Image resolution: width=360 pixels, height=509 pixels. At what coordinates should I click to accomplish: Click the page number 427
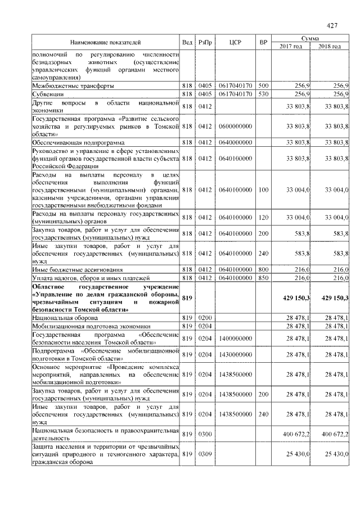[x=331, y=25]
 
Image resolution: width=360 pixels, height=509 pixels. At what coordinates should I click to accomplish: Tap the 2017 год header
[x=291, y=46]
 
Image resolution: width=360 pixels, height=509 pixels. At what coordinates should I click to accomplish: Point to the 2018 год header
[x=330, y=46]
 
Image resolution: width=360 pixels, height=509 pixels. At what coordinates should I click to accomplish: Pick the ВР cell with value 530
[x=262, y=94]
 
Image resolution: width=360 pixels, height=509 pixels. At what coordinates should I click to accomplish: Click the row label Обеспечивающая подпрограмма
[x=76, y=142]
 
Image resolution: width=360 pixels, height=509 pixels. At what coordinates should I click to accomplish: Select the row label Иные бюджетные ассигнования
[x=76, y=270]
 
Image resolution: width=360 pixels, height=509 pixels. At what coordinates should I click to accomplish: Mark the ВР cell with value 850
[x=262, y=278]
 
